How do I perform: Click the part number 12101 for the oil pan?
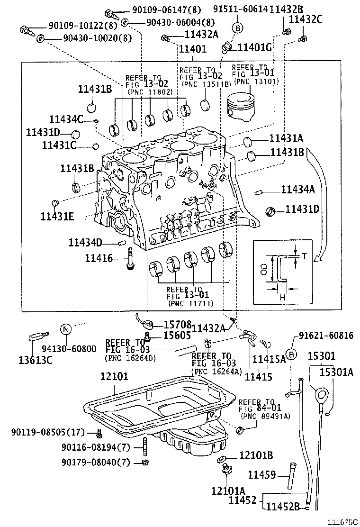pyautogui.click(x=114, y=377)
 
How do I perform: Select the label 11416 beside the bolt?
pyautogui.click(x=99, y=258)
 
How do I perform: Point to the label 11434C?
pyautogui.click(x=66, y=119)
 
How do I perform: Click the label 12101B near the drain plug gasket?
pyautogui.click(x=256, y=455)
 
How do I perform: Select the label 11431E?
pyautogui.click(x=57, y=217)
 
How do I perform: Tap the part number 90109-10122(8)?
pyautogui.click(x=82, y=26)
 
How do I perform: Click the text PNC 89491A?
pyautogui.click(x=265, y=416)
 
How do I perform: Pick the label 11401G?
pyautogui.click(x=254, y=47)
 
